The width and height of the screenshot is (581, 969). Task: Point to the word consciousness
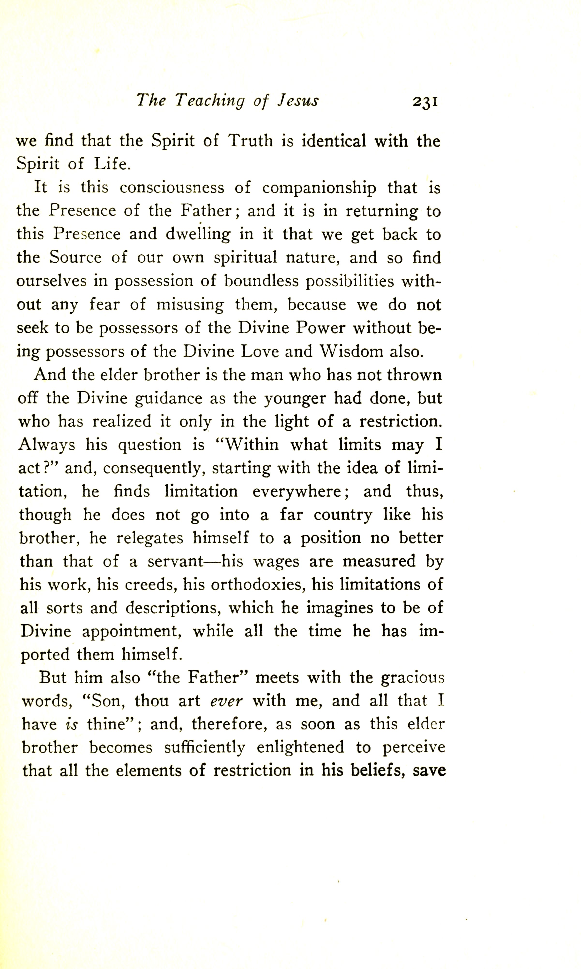click(x=172, y=188)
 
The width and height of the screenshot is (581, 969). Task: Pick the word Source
click(x=75, y=258)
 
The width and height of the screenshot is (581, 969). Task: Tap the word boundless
click(x=260, y=281)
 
